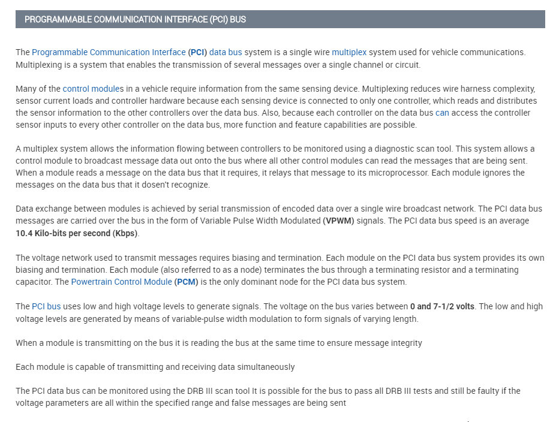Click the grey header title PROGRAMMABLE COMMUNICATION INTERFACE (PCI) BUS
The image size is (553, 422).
(x=135, y=19)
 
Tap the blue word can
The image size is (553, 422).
(x=442, y=113)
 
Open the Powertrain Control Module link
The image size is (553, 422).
(x=121, y=282)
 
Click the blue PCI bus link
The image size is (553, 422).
(x=46, y=306)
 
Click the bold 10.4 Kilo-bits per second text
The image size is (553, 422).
(x=76, y=233)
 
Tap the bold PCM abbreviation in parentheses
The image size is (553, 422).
(x=186, y=282)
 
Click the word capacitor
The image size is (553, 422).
(x=34, y=282)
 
